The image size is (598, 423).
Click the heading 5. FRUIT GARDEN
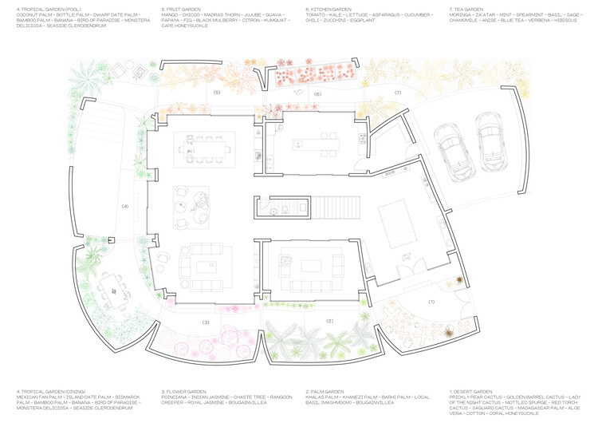click(181, 9)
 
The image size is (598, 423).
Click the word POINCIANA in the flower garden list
click(175, 397)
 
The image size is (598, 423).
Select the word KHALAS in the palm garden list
click(317, 397)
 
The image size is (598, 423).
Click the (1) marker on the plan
click(431, 302)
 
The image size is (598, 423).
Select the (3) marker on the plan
click(205, 322)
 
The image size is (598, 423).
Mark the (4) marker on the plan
click(124, 207)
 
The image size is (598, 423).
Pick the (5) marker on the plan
click(216, 93)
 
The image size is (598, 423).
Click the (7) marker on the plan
click(397, 93)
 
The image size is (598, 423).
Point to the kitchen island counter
click(316, 145)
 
